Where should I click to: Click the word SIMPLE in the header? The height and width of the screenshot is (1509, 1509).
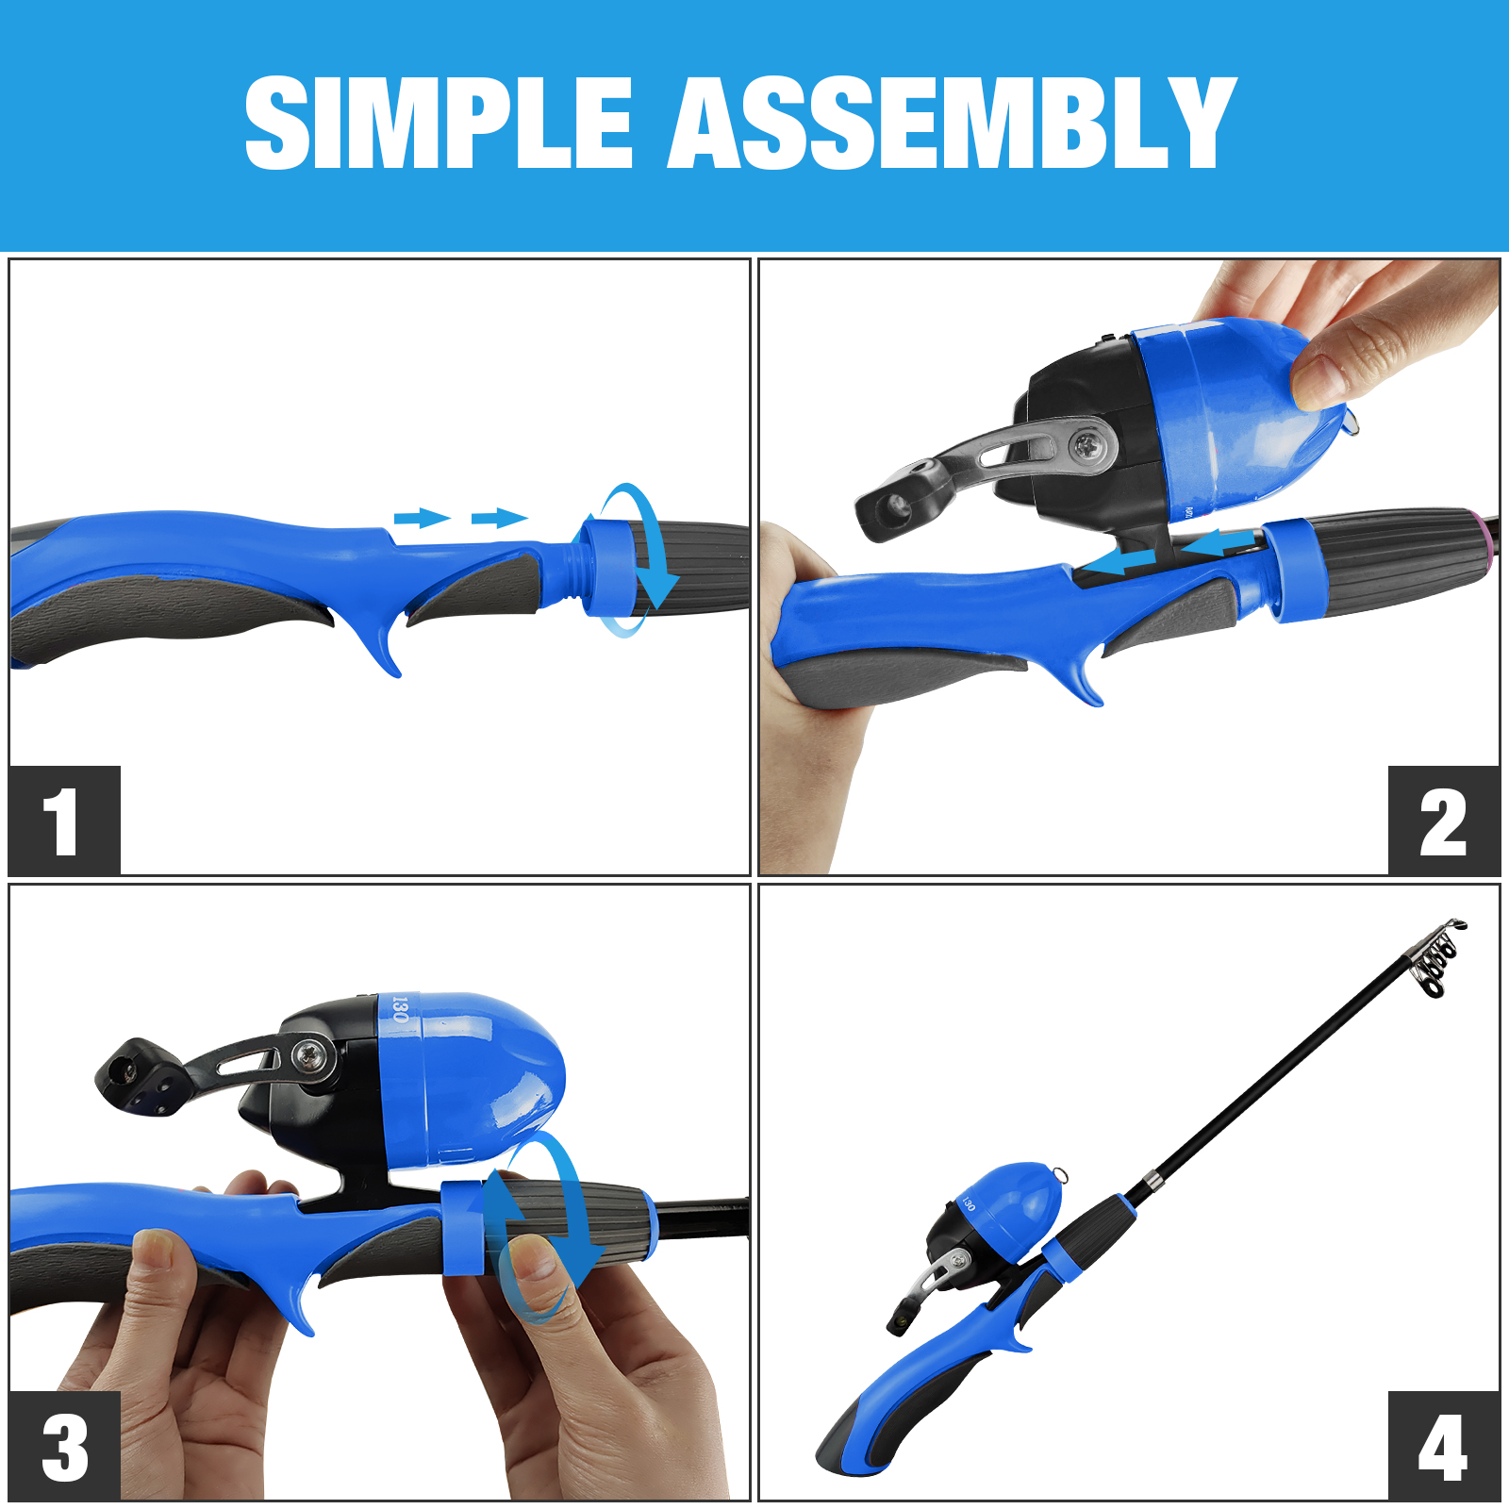point(439,123)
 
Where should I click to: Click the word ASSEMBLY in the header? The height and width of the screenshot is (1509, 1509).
point(952,123)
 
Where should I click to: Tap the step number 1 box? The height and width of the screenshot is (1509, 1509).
point(65,821)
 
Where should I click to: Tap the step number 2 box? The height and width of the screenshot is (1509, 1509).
point(1443,821)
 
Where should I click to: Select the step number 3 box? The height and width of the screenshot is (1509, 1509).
point(65,1445)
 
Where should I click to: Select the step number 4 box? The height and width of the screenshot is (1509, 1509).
point(1443,1445)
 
